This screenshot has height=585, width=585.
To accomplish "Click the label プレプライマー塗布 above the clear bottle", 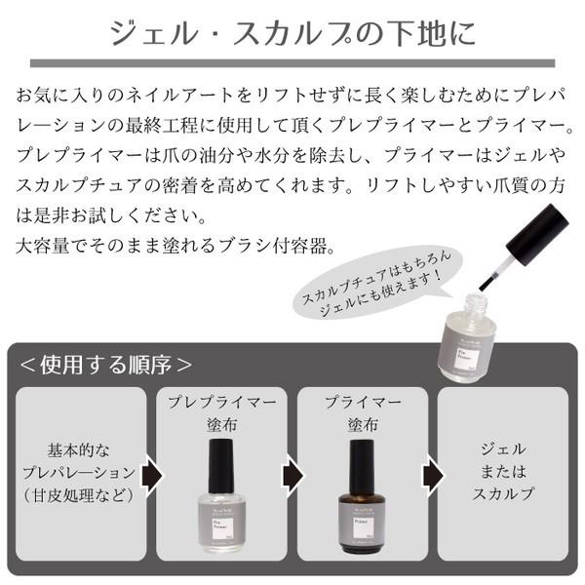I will coord(221,413).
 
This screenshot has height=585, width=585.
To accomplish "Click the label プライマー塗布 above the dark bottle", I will coord(360,413).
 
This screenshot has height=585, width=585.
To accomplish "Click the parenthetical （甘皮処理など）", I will coord(84,494).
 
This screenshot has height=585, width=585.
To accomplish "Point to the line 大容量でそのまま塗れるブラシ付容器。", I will coord(175,241).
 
